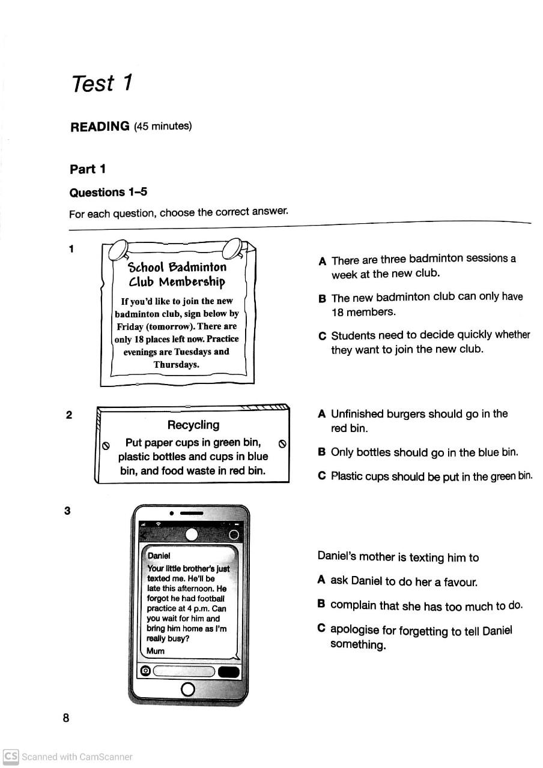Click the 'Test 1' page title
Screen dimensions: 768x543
[102, 83]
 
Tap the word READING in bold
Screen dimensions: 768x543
[100, 127]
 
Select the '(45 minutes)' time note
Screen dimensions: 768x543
[163, 126]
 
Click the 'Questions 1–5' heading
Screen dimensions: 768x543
[108, 193]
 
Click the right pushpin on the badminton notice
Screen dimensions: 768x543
[232, 248]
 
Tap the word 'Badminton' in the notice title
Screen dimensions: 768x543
[198, 267]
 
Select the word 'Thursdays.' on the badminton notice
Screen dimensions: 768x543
[176, 364]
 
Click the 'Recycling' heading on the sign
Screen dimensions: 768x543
[193, 425]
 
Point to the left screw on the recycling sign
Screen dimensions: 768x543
[106, 445]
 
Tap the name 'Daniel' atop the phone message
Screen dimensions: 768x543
[159, 556]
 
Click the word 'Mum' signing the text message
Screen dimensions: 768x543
[155, 650]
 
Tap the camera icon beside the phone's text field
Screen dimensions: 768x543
[145, 671]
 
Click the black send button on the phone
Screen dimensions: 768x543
[228, 671]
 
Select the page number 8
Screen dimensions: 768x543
[66, 718]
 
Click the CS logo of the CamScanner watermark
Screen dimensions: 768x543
[11, 756]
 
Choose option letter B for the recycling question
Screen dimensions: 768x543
[322, 452]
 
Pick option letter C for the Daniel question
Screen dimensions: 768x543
[322, 628]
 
